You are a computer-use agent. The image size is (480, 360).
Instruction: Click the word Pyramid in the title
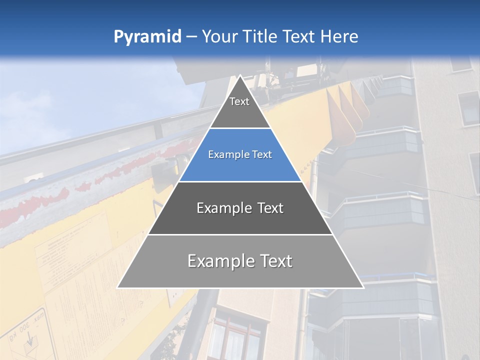click(x=147, y=37)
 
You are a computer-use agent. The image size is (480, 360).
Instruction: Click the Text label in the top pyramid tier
click(x=239, y=101)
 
